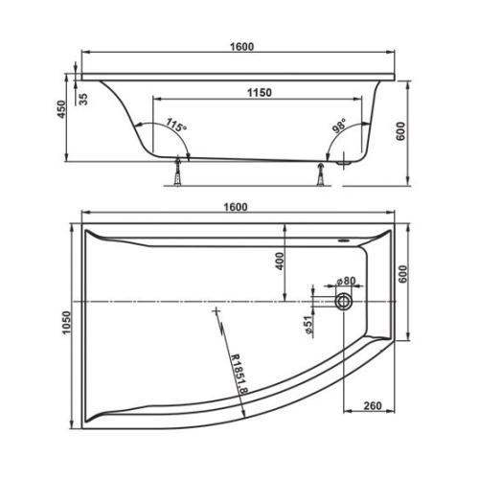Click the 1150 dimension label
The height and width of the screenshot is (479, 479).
click(258, 92)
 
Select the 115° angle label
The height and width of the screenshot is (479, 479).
click(173, 125)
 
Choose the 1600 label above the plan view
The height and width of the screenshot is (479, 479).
click(237, 207)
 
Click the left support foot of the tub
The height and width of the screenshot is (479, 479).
click(179, 177)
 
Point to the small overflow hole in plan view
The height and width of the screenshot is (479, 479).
click(346, 240)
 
